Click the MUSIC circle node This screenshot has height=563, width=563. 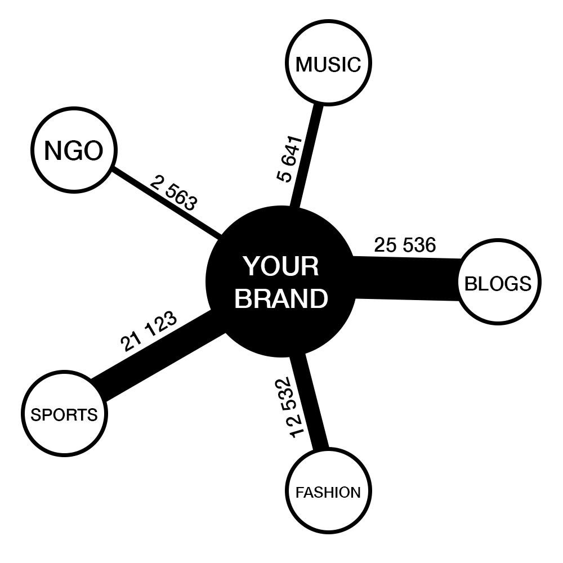coord(328,64)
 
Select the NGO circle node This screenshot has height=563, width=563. coord(73,150)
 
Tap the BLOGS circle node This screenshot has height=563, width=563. coord(498,283)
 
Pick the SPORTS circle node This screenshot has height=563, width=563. coord(64,415)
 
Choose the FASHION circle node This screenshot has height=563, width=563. coord(328,492)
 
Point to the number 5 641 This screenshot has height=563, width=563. coord(291,159)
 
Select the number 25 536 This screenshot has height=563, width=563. coord(405,245)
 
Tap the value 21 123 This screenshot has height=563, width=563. coord(149,331)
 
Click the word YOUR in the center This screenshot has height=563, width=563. coord(281,266)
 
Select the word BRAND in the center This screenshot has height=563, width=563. coord(281,299)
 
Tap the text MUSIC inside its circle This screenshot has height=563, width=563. coord(328,64)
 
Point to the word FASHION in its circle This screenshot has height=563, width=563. coord(328,493)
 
